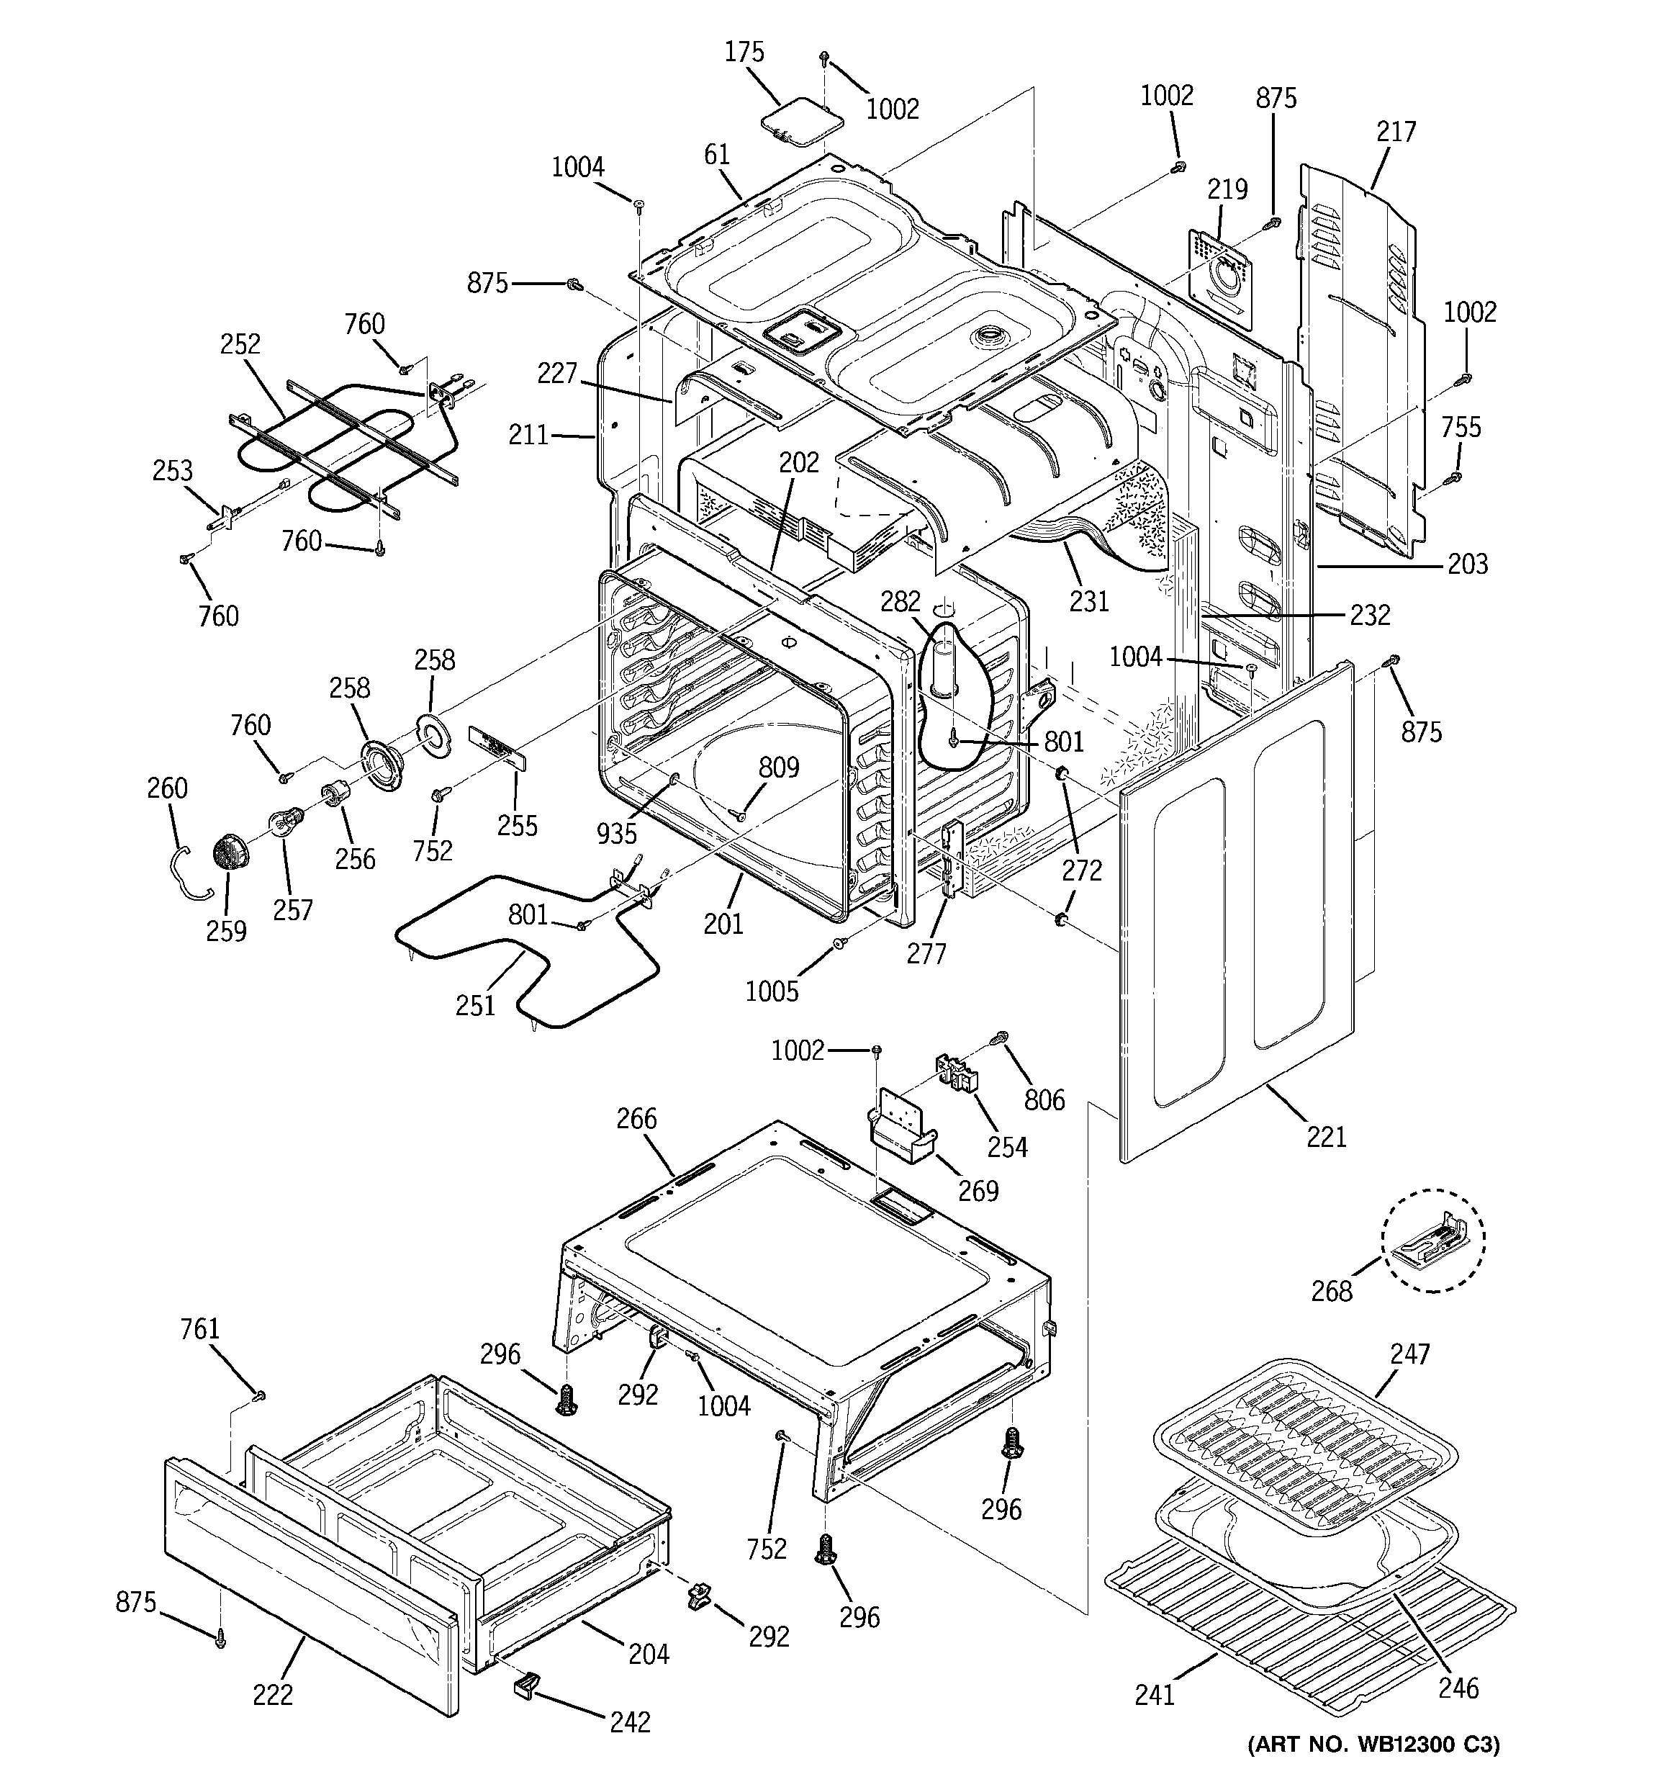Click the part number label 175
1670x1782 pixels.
pos(744,53)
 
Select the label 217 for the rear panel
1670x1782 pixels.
pos(1396,132)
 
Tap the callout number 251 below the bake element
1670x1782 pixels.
pos(475,1006)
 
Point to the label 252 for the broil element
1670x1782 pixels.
pos(240,344)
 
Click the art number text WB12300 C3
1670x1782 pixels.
pos(1373,1745)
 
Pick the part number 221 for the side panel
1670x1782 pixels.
pos(1327,1137)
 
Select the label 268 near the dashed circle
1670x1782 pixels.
pos(1332,1291)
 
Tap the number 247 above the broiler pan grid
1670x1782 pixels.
pos(1409,1354)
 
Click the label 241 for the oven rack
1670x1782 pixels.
pos(1155,1695)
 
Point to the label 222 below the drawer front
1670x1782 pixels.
pos(273,1695)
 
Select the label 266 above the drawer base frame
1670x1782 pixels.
pos(636,1119)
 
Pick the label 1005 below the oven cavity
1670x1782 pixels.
pos(772,991)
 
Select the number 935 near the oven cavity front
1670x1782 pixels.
pos(617,834)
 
